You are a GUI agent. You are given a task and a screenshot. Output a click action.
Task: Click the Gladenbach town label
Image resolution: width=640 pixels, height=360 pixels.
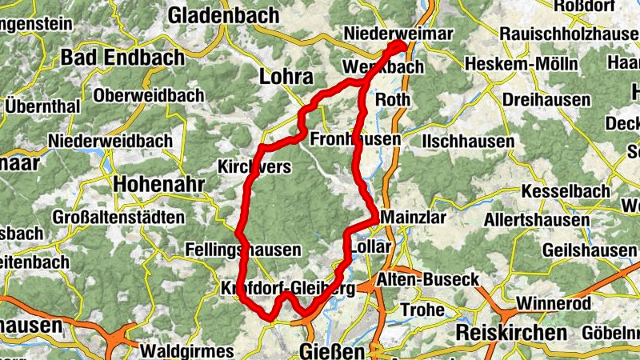pos(224,15)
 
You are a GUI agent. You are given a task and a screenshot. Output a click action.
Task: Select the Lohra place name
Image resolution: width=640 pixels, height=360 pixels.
pos(286,77)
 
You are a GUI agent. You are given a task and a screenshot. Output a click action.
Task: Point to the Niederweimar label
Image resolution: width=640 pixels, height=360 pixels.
pos(397,34)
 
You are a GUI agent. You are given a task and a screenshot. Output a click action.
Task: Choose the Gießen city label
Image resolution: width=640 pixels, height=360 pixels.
pos(331,351)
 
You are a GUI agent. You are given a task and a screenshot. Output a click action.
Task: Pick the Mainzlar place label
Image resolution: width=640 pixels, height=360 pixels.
pos(414,218)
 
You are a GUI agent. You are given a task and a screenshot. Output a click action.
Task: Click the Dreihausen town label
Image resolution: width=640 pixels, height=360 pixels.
pos(546,101)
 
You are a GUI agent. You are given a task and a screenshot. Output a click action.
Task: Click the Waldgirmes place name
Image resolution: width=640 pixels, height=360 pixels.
pos(186,351)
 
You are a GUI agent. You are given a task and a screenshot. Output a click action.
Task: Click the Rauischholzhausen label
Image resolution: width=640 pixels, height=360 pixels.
pos(569,34)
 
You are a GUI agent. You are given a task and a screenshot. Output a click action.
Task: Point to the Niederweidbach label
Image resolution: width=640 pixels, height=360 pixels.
pos(110,141)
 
